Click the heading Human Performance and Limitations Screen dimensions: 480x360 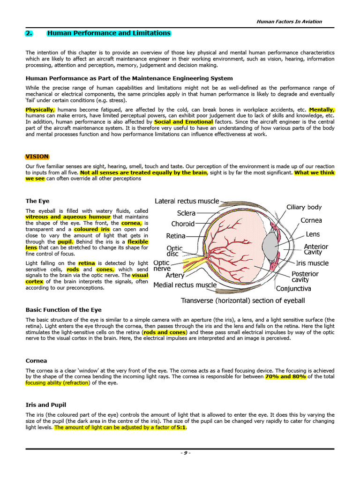[109, 33]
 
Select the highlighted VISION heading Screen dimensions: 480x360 [37, 157]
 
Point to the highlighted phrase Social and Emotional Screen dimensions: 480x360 [183, 121]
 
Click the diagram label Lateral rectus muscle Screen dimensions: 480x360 [187, 201]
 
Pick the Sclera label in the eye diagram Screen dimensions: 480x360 [186, 213]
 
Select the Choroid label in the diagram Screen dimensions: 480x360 [182, 224]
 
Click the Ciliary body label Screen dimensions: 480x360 [304, 207]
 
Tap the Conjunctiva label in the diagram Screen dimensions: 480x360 [293, 288]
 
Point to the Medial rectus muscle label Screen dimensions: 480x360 [185, 285]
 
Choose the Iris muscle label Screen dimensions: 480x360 [312, 263]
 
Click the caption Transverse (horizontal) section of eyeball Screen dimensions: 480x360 [243, 300]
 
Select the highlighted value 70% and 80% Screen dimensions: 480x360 [285, 376]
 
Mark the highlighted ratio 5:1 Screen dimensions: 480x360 [181, 427]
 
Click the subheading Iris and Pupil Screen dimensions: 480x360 [46, 404]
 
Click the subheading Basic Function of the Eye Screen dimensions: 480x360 [63, 310]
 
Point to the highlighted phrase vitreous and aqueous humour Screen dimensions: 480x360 [68, 217]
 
